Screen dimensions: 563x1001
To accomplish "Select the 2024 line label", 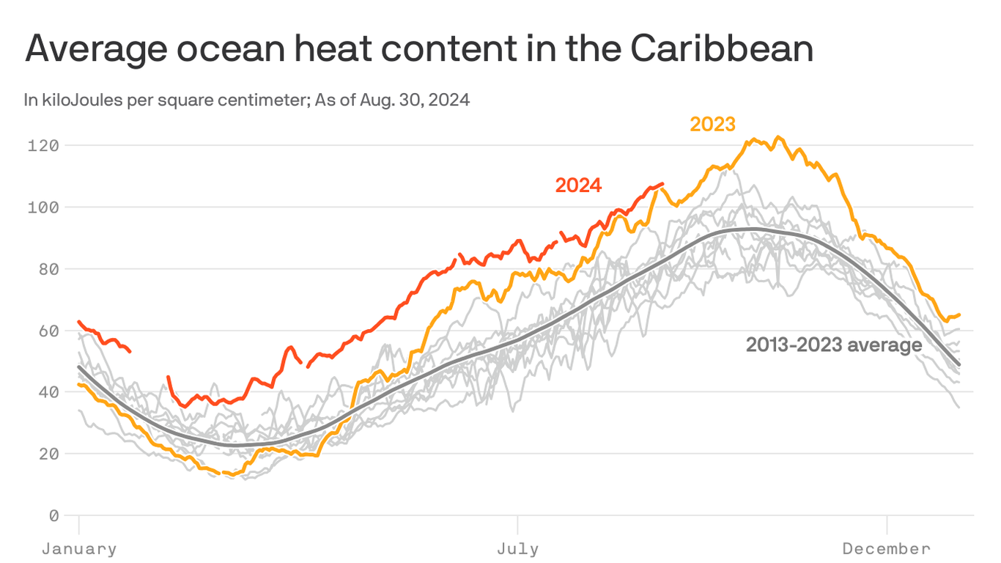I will coord(578,185).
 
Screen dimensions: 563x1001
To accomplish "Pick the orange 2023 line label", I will coord(712,125).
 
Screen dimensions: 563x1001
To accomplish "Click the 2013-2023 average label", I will coord(834,345).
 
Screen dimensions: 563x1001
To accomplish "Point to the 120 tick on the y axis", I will coord(43,145).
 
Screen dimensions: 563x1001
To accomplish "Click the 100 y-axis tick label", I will coord(43,207).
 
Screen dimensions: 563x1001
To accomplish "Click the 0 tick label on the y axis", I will coord(53,516).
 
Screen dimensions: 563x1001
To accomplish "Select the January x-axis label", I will coord(78,548).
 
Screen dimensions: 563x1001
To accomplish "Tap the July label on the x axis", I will coord(517,548).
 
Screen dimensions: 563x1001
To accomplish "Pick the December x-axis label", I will coord(887,548).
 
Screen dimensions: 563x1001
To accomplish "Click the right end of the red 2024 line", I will coord(662,184).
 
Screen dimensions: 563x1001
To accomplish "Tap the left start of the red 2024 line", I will coord(78,321).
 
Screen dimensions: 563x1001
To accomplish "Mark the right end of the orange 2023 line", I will coord(959,314).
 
